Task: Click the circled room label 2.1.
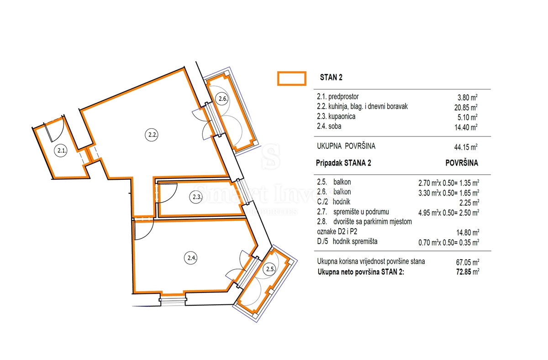tap(61, 151)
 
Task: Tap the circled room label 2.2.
tap(152, 135)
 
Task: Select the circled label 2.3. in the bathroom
tap(196, 197)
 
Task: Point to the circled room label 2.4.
tap(191, 258)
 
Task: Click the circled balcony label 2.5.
tap(269, 269)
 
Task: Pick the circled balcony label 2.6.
tap(222, 99)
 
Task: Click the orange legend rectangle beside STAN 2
tap(292, 78)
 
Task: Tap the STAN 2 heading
tap(331, 78)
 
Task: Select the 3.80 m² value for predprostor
tap(468, 98)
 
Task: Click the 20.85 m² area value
tap(466, 107)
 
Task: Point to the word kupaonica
tap(342, 117)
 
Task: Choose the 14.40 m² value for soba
tap(466, 127)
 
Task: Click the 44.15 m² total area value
tap(466, 147)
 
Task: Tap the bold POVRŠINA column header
tap(462, 163)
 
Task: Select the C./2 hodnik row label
tap(334, 202)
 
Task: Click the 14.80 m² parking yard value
tap(468, 232)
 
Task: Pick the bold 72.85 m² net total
tap(468, 272)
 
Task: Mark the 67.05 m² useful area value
tap(468, 262)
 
